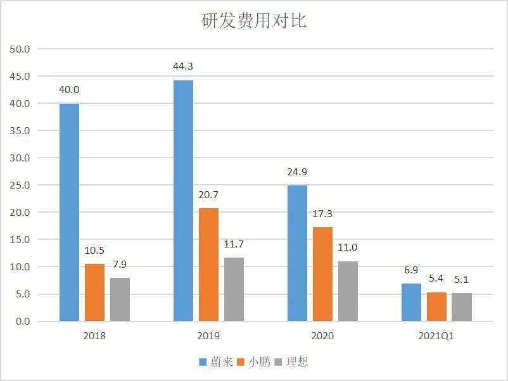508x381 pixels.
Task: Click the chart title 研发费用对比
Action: pos(254,20)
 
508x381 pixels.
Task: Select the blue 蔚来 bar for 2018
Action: pos(69,212)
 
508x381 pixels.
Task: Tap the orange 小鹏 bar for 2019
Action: pos(208,265)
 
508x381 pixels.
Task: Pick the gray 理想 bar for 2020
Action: pos(348,291)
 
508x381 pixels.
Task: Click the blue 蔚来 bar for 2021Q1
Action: pos(411,303)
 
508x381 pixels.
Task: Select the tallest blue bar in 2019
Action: pos(183,201)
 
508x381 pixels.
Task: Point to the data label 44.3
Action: pos(183,66)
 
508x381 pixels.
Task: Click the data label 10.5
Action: pos(94,249)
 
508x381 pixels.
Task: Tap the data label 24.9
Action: pos(297,172)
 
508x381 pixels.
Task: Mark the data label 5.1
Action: pos(462,279)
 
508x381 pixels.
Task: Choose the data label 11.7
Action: pos(234,244)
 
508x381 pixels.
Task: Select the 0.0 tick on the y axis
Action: pos(23,322)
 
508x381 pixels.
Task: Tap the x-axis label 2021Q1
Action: pos(436,336)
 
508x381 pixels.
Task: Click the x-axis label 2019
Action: pos(208,336)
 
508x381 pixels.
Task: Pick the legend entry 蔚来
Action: pos(216,362)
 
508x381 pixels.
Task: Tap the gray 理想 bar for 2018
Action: pos(120,299)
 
